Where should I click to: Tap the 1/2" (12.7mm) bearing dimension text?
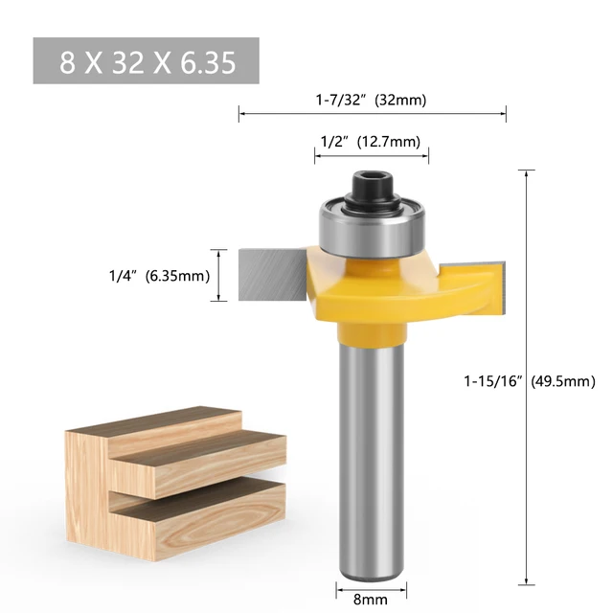pos(369,142)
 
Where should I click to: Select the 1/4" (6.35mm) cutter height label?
pos(158,276)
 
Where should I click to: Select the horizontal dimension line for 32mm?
pos(373,114)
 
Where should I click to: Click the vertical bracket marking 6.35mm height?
pos(223,275)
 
